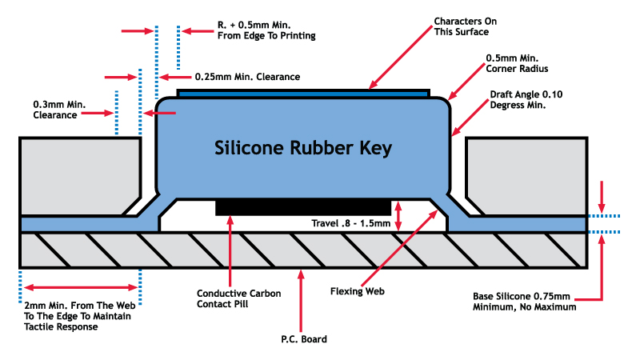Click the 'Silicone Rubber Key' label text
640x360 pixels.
(x=303, y=149)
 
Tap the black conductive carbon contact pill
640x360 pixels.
(x=302, y=207)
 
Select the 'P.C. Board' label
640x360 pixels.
(x=303, y=338)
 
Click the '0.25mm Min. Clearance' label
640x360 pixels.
(x=247, y=77)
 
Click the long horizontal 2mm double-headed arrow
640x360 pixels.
(x=79, y=286)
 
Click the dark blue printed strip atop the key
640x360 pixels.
(x=303, y=93)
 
